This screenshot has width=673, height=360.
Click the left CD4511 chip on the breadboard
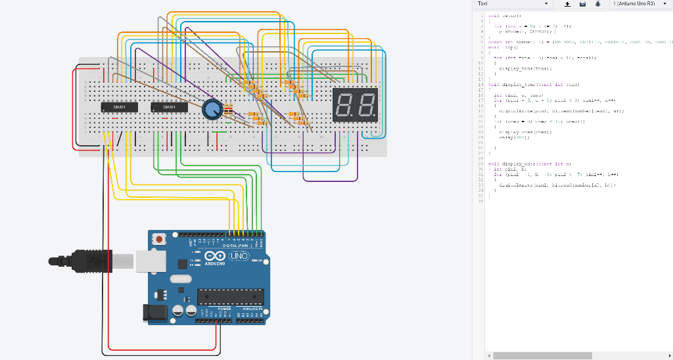pos(119,106)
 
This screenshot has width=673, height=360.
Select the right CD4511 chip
pos(169,106)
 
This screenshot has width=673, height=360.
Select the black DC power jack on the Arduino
pos(154,313)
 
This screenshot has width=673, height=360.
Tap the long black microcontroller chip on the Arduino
pos(230,297)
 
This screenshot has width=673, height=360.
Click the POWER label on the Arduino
pos(224,308)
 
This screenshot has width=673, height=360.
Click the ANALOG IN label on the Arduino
pos(252,308)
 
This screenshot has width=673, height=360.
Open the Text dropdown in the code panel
pos(513,4)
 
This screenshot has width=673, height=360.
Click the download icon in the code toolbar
pos(567,4)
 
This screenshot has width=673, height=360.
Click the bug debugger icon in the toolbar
pos(597,4)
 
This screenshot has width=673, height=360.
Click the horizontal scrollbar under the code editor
pos(542,355)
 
